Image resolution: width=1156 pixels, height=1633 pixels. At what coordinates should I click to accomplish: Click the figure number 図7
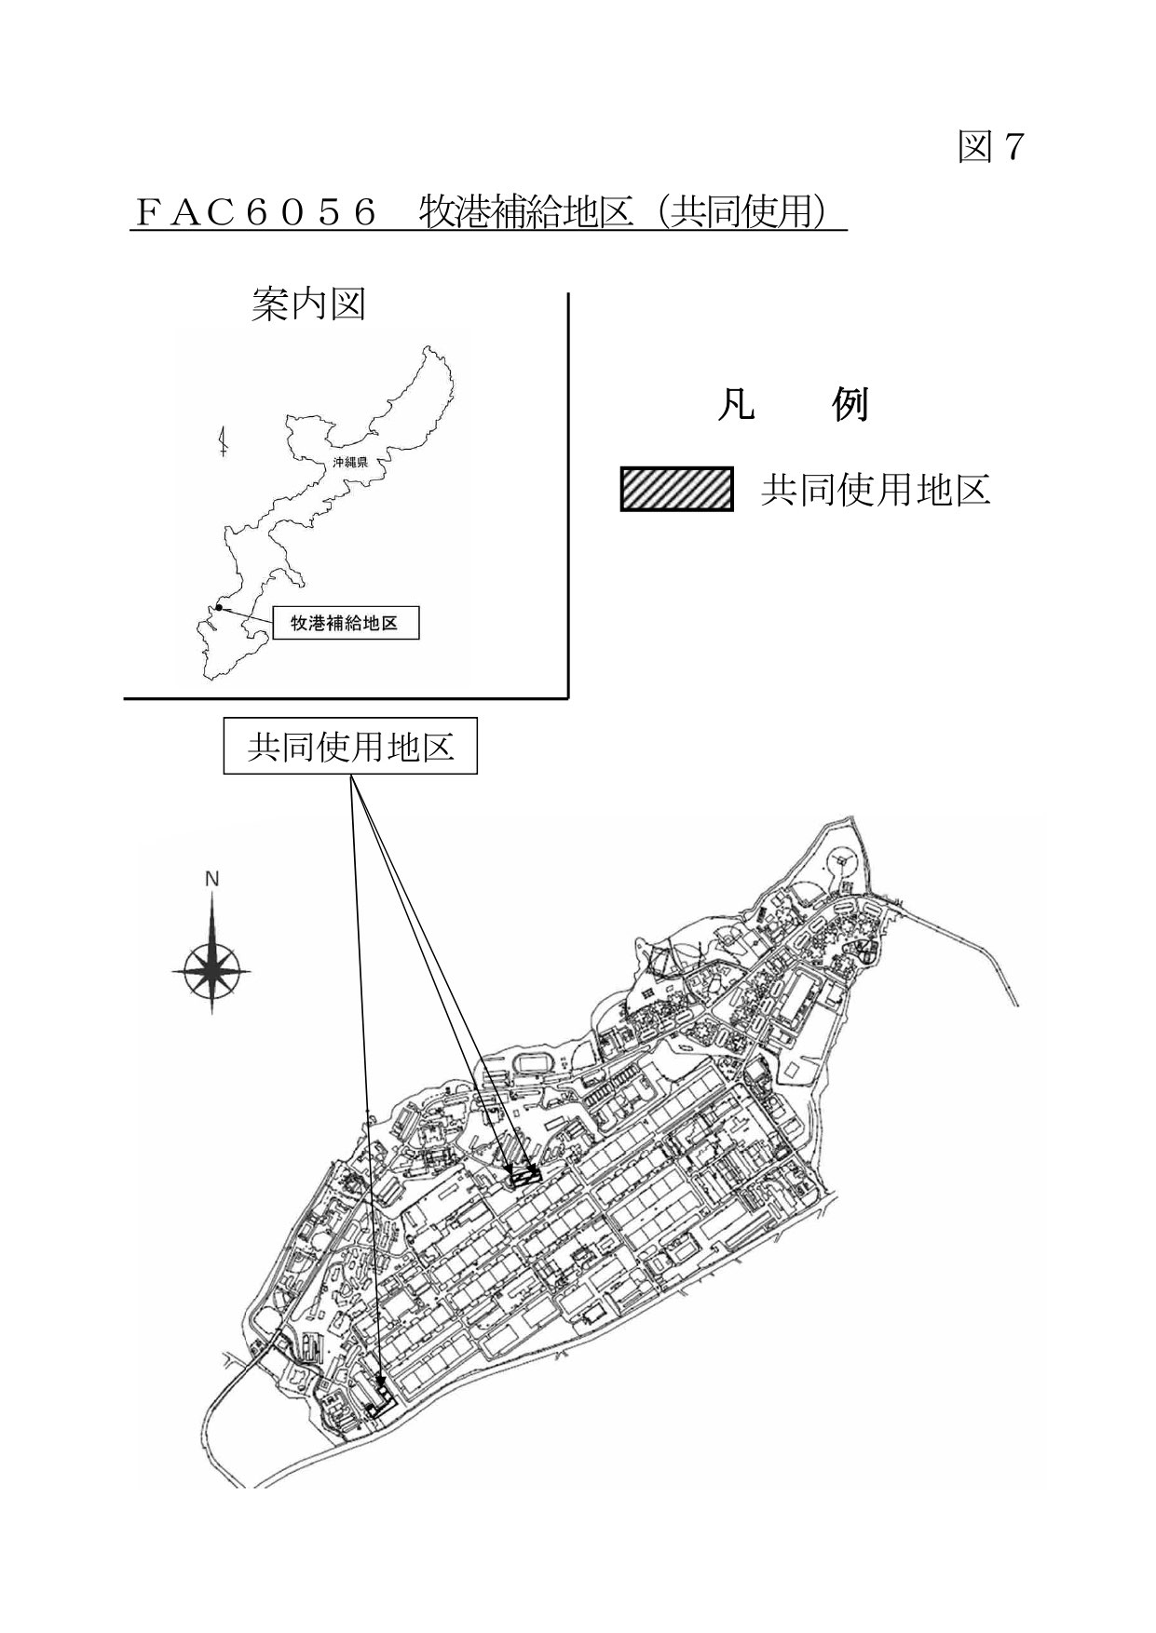point(991,147)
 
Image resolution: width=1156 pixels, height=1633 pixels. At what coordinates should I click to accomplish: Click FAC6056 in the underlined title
point(256,212)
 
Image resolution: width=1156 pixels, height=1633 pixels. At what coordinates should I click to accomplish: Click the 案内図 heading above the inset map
point(308,304)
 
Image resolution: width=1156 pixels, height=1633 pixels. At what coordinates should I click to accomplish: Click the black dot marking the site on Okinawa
point(218,608)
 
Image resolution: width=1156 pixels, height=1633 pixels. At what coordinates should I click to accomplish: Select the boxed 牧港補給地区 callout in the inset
point(345,624)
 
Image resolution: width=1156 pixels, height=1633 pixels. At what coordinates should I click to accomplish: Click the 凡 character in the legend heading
point(735,406)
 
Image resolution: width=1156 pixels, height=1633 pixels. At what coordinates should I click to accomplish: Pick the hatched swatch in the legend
point(676,489)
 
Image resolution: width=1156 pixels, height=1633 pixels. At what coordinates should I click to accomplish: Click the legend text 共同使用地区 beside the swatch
point(876,490)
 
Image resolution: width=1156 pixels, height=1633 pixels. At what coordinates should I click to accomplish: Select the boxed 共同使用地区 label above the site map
point(350,746)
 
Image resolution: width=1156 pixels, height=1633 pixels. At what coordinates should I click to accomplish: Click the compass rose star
point(212,968)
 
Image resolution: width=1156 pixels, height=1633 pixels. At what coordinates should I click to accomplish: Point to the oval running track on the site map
point(537,1061)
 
